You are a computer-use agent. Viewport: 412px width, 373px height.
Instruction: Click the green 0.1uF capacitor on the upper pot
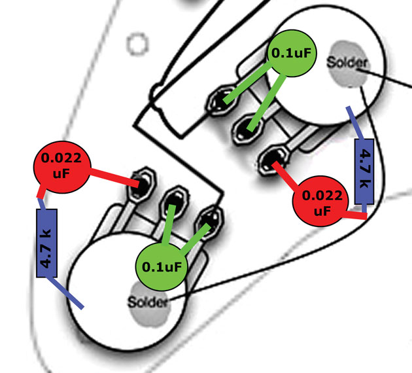pos(293,53)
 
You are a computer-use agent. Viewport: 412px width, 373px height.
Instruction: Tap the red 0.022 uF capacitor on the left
pos(60,166)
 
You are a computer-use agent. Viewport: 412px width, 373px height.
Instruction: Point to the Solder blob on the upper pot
pos(348,63)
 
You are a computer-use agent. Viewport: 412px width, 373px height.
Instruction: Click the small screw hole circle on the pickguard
pos(137,44)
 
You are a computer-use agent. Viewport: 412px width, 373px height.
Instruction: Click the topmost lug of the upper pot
pos(221,101)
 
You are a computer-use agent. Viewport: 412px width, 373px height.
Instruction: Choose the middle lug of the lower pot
pos(175,200)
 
